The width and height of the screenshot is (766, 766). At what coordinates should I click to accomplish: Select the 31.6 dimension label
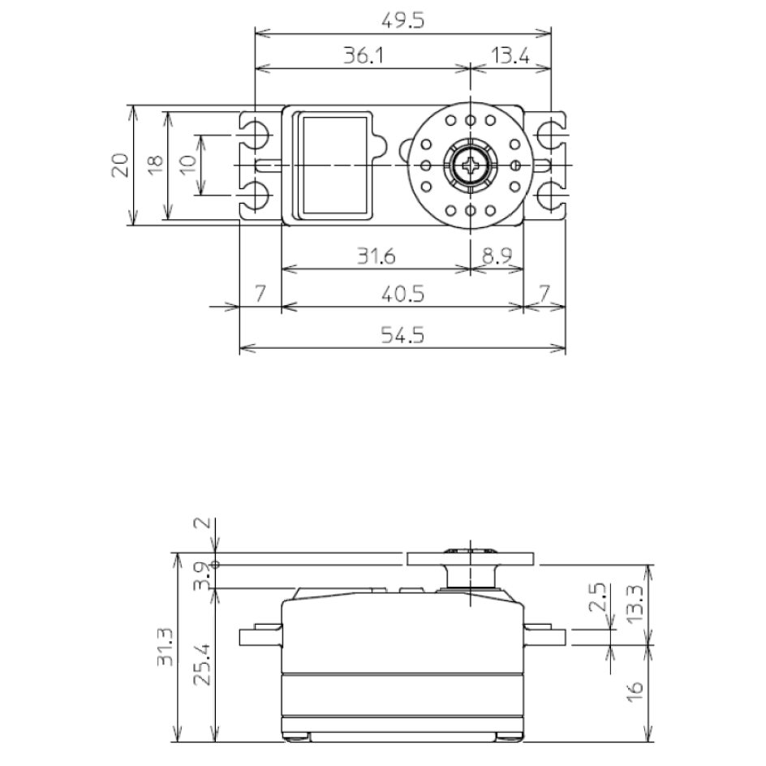[x=376, y=256]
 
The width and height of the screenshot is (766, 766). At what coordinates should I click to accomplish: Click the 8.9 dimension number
[x=497, y=256]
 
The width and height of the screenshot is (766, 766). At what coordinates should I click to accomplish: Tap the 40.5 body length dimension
[x=402, y=294]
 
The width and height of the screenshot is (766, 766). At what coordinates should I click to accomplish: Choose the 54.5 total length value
[x=402, y=334]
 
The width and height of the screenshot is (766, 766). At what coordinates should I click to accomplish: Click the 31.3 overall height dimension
[x=165, y=648]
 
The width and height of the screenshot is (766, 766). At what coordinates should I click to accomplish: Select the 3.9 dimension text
[x=203, y=574]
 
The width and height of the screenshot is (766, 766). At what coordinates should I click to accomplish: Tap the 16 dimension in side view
[x=635, y=691]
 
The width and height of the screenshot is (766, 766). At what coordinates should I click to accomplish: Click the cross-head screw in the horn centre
[x=471, y=165]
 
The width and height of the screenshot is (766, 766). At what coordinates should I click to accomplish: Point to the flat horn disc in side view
[x=471, y=558]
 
